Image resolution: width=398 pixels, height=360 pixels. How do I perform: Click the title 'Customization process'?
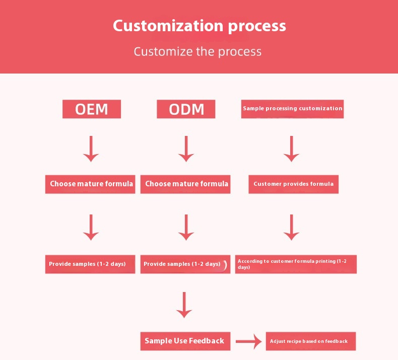coord(199,26)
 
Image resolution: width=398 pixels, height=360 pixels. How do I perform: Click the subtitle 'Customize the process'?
coord(197,51)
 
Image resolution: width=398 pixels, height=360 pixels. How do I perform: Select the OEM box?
coord(92,109)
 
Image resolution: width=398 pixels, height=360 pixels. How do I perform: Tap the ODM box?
coord(186,109)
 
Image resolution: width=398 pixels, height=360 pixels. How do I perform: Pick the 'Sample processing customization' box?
coord(292,109)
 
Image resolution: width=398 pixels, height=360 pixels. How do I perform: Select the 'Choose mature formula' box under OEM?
coord(91,184)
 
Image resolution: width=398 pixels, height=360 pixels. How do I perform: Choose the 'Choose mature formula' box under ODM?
coord(186,184)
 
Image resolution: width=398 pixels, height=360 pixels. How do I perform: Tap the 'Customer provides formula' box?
coord(293,184)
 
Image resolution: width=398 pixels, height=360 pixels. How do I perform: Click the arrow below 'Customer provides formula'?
coord(291,227)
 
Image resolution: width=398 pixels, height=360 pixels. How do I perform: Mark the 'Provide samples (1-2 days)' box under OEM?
coord(90,264)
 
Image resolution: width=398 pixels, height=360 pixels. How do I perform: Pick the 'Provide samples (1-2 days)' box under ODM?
coord(185,264)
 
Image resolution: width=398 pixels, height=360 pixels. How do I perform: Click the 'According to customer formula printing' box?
coord(296,264)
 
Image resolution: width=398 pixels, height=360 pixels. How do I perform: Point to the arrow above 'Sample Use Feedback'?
coord(184,305)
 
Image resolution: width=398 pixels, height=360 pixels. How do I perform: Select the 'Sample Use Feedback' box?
coord(184,341)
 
